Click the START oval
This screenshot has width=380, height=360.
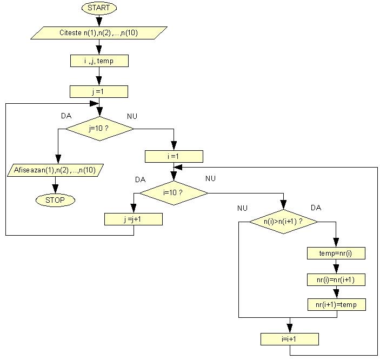[x=98, y=8]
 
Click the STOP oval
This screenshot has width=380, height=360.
[x=55, y=200]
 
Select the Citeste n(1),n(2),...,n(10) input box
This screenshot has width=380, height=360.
[x=98, y=33]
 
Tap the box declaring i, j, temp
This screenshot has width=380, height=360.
[x=99, y=61]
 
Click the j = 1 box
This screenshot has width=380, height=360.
[x=99, y=91]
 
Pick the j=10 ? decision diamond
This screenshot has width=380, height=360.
[x=99, y=128]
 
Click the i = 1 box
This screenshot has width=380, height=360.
[x=174, y=156]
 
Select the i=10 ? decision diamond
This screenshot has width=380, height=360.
[x=174, y=192]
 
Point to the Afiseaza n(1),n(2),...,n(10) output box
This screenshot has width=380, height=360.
[x=55, y=170]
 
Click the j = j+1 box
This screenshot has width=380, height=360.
[x=133, y=219]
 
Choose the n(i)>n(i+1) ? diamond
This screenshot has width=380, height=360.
[x=283, y=222]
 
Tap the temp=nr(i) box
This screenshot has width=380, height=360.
[x=336, y=252]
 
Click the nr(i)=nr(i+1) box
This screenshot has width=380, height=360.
[x=336, y=279]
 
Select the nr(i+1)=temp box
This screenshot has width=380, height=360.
[x=336, y=305]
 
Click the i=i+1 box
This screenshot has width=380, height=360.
[x=289, y=339]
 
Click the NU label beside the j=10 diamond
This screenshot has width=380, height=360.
[x=132, y=116]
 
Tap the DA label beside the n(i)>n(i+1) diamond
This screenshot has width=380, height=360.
[x=316, y=208]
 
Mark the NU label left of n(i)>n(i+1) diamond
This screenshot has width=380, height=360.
[x=243, y=208]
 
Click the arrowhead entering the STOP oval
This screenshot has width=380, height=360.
[x=55, y=190]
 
